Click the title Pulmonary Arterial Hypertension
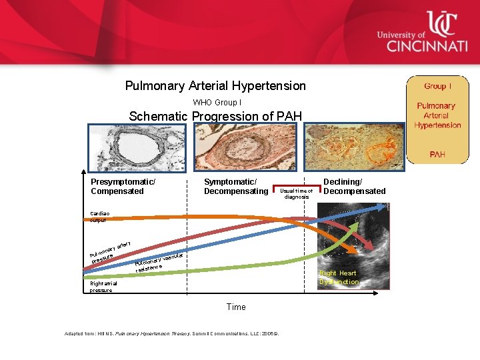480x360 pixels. coord(215,86)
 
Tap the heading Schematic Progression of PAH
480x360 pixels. coord(215,116)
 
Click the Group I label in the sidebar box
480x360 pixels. coord(437,86)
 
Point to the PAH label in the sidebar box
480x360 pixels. coord(437,154)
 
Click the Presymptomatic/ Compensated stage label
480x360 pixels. coord(123,187)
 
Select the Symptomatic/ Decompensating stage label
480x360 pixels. coord(235,187)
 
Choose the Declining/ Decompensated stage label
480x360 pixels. coord(354,186)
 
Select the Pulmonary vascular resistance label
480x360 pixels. coord(159,263)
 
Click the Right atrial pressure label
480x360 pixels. coord(104,287)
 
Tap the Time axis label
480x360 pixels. coord(236,307)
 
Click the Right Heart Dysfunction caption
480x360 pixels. coord(338,277)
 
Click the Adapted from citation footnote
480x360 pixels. coord(171,333)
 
